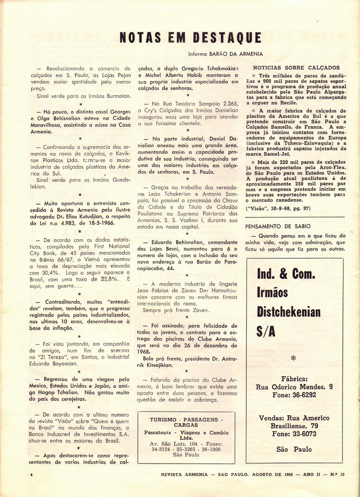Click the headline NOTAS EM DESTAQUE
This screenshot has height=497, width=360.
[x=190, y=38]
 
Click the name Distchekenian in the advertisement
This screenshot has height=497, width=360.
[x=288, y=312]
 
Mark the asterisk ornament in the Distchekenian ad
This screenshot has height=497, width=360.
[x=294, y=359]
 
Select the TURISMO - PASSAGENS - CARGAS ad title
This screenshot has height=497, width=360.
[x=186, y=423]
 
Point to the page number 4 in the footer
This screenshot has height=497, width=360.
[x=30, y=474]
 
